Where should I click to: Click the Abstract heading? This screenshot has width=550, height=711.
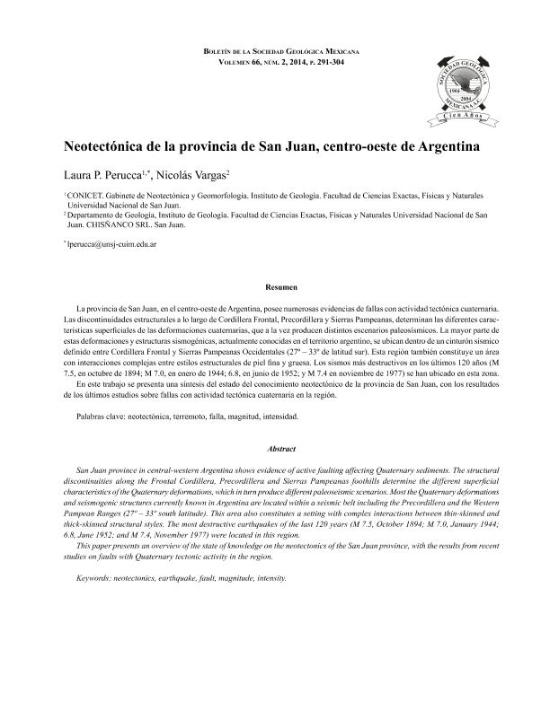(274, 448)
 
